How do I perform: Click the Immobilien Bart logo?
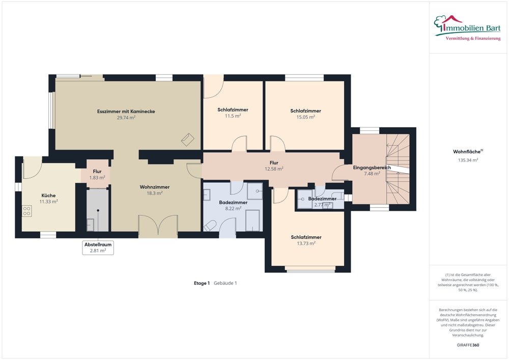coord(468,26)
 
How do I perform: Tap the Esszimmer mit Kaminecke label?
coord(126,111)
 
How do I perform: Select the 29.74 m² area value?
coord(126,118)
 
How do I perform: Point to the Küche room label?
coord(48,196)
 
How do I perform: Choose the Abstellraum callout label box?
coord(98,247)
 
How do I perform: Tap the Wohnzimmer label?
coord(154,187)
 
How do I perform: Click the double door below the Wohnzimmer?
coord(158,226)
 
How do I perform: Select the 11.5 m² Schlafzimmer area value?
coord(233,116)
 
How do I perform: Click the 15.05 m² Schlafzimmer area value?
coord(305,117)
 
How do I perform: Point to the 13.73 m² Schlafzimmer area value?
coord(306,243)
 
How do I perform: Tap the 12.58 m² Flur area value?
coord(273,169)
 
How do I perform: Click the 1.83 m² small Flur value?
coord(97,178)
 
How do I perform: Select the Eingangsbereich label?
coord(372,167)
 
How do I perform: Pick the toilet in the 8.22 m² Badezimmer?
coord(210,225)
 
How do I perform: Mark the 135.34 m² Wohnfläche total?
coord(468,160)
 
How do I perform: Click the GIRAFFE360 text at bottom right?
coord(468,345)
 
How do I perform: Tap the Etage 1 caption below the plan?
coord(202,283)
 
